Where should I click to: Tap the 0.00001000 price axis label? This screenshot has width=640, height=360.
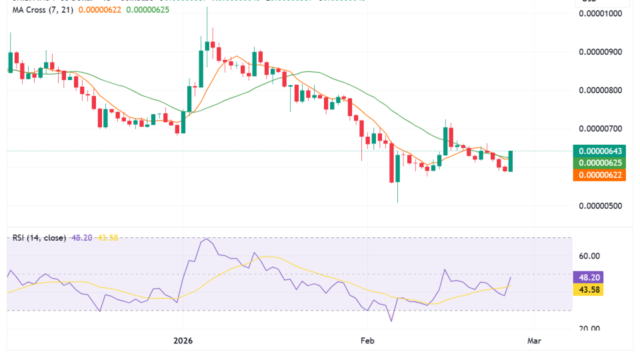pos(603,13)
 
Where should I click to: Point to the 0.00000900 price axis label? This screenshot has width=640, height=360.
pos(603,52)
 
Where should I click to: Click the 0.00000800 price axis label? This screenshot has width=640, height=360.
pos(603,90)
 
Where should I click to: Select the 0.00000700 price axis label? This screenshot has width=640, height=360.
pos(603,129)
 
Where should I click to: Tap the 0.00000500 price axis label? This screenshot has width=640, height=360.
pos(603,205)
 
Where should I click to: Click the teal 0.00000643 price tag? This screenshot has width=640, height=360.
pos(603,151)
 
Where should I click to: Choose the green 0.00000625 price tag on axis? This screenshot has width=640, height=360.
pos(603,163)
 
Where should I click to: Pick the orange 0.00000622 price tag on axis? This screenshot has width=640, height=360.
pos(603,175)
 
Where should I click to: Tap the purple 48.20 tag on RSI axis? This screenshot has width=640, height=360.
pos(589,277)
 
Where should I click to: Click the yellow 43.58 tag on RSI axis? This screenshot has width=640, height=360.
pos(589,289)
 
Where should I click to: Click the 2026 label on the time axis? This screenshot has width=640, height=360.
pos(183,341)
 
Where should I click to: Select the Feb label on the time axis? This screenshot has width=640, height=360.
pos(366,341)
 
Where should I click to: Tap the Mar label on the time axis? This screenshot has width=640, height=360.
pos(534,341)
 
